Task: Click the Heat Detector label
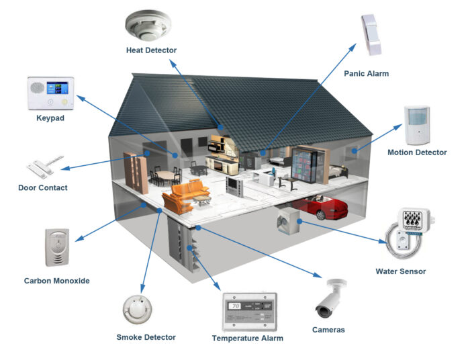[152, 50]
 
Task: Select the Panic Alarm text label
[366, 73]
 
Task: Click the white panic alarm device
[371, 35]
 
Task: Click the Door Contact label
[43, 188]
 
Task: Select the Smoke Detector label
[146, 337]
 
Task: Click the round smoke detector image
[137, 308]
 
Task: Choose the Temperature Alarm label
[248, 339]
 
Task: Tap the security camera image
[330, 300]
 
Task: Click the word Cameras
[329, 330]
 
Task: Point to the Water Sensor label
[401, 272]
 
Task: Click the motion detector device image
[418, 124]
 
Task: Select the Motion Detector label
[417, 152]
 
